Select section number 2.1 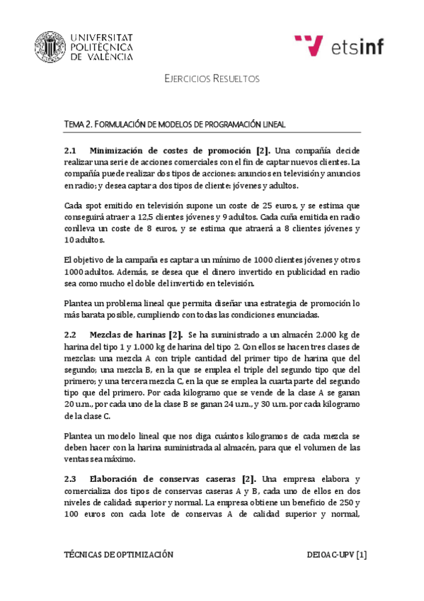69,151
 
